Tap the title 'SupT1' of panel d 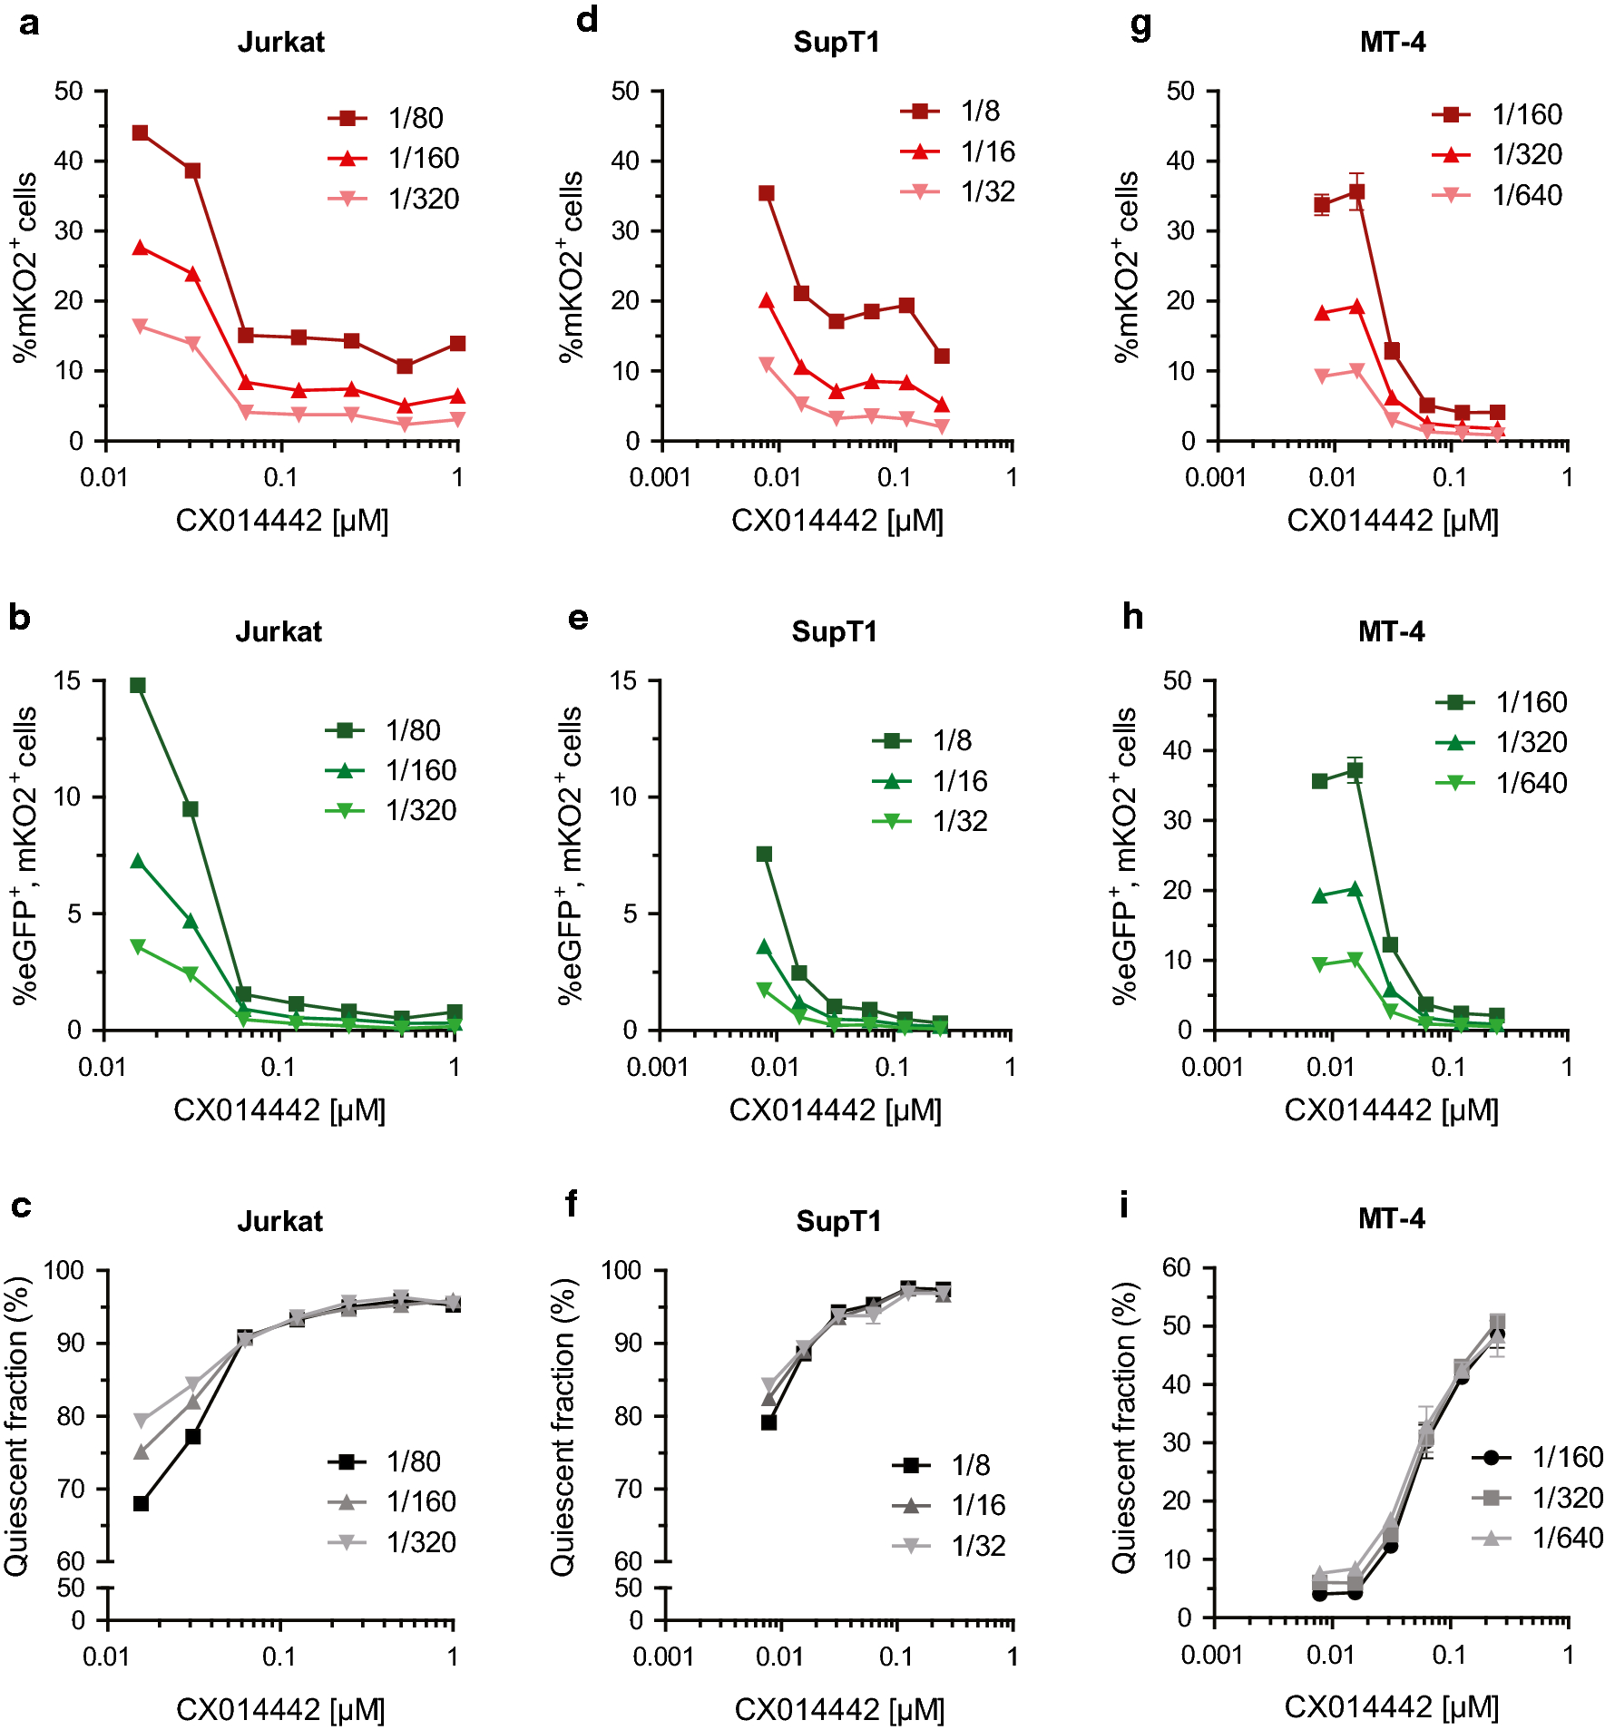tap(836, 43)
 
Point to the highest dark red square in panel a tap(140, 133)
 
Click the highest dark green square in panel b tap(138, 686)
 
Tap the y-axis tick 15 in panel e tap(624, 681)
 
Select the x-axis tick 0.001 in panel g tap(1216, 477)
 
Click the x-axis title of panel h tap(1391, 1110)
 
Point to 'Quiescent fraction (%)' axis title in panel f tap(563, 1426)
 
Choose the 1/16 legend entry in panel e tap(960, 781)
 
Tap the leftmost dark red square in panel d tap(767, 193)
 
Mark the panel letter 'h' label tap(1132, 618)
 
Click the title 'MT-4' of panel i tap(1391, 1218)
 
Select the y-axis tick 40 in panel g tap(1179, 161)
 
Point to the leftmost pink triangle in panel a tap(140, 327)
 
